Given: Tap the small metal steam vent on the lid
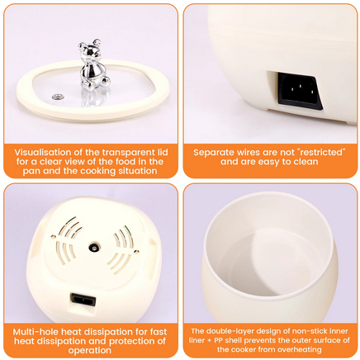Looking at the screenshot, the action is coord(58,97).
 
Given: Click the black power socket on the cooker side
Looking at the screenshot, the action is coord(300,91).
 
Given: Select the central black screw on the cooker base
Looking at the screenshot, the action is coord(94,248).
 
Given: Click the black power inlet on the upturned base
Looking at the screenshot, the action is coord(83,300).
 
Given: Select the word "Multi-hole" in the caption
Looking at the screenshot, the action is coord(36,332).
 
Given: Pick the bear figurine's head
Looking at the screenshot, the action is coord(90,50).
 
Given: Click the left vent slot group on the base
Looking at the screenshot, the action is coord(67,240).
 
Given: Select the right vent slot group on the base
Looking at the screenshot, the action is coord(121,250).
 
